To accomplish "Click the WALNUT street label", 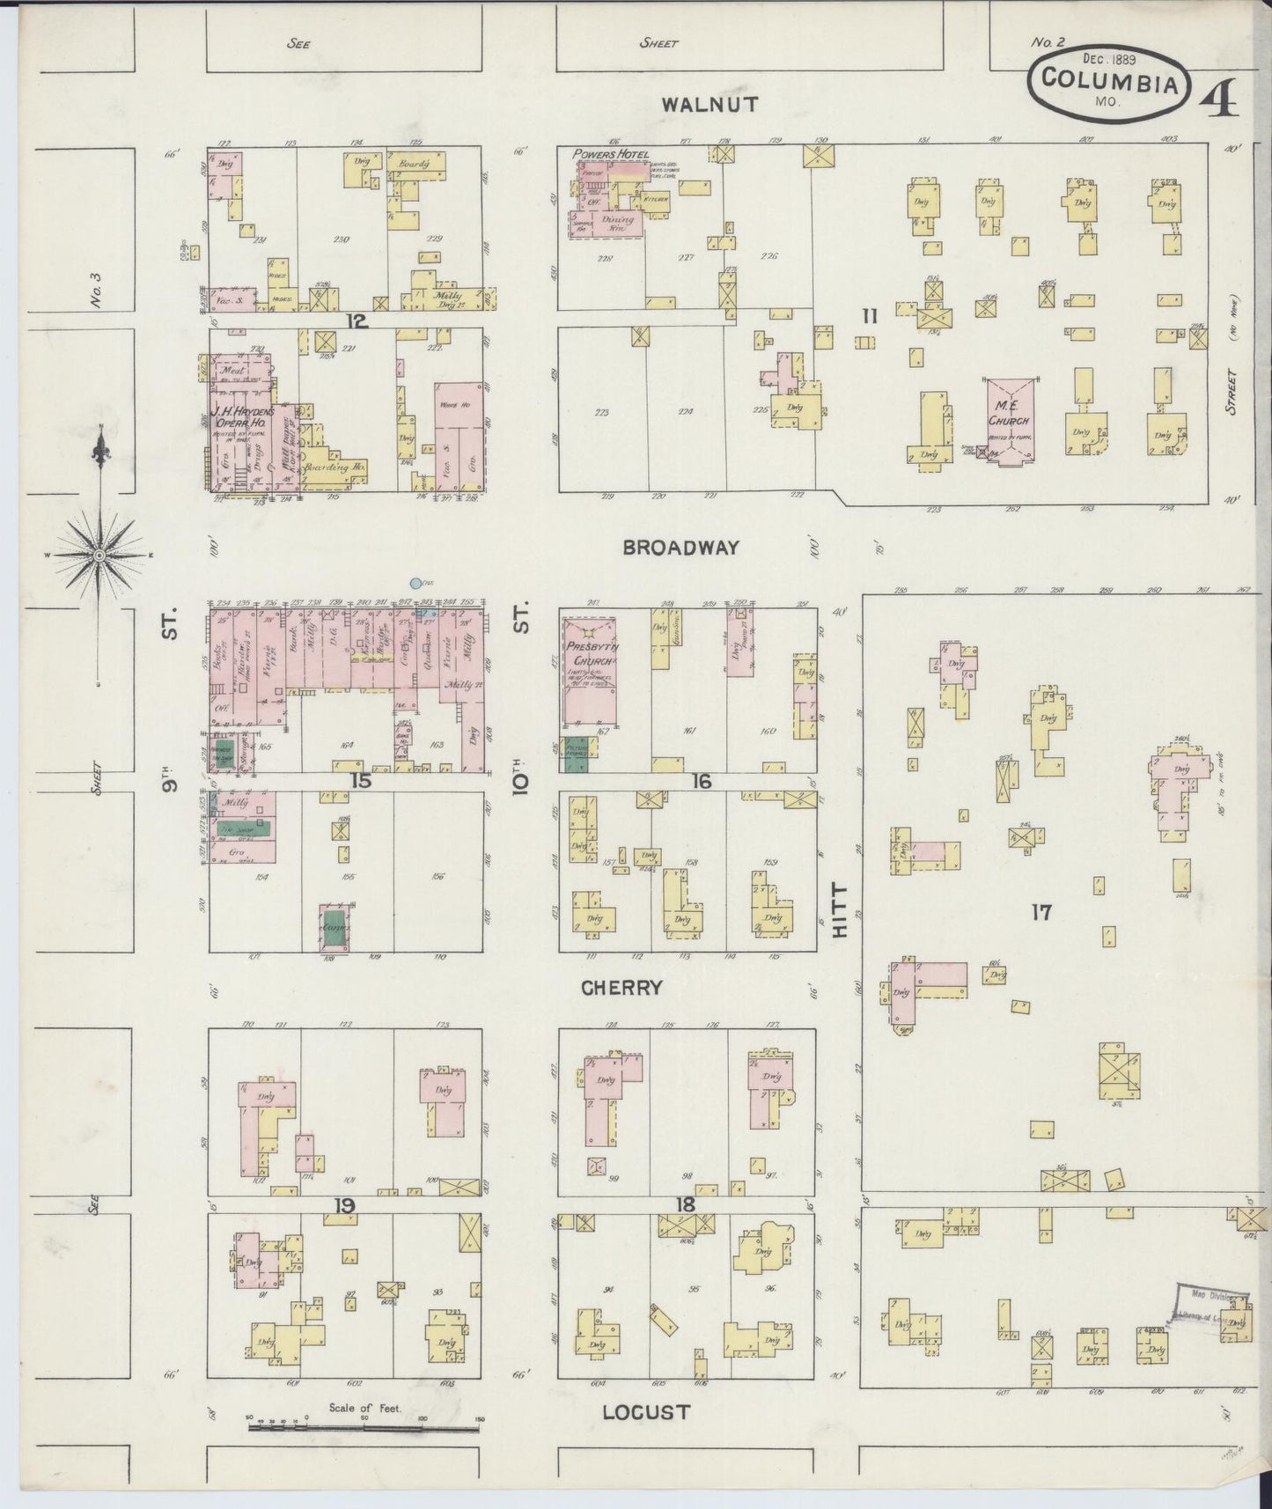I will click(x=710, y=105).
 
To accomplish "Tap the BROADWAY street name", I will click(x=680, y=548).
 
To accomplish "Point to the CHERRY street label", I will click(x=621, y=988).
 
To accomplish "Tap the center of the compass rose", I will click(x=100, y=556).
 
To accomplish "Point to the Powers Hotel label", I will click(x=610, y=155).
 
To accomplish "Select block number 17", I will click(x=1041, y=912).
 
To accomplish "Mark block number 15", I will click(x=361, y=781).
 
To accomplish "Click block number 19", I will click(x=343, y=1205).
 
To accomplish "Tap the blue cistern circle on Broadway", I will click(x=415, y=583).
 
